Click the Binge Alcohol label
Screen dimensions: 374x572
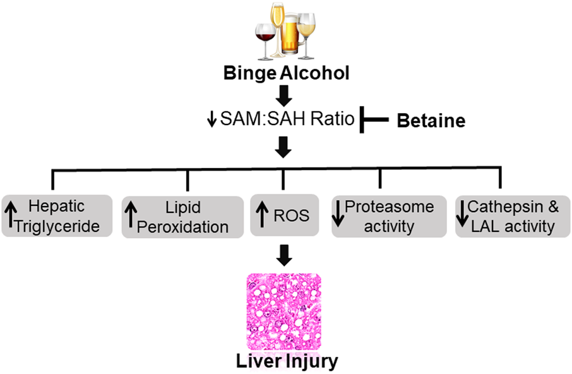(285, 73)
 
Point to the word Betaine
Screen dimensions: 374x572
(431, 121)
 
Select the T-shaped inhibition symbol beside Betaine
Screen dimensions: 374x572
(370, 119)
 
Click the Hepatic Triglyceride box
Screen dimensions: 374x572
(56, 216)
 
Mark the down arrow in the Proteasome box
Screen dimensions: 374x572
(339, 216)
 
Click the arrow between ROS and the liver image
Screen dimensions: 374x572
(285, 255)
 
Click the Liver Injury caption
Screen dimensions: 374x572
(287, 361)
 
